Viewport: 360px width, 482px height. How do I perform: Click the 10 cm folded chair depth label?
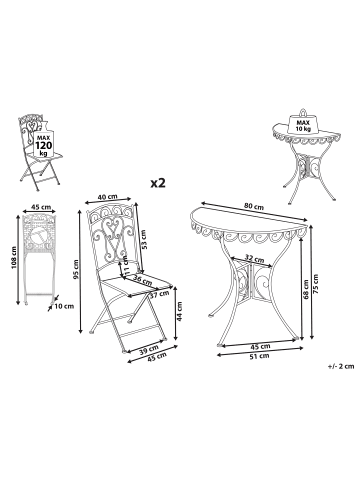click(x=65, y=307)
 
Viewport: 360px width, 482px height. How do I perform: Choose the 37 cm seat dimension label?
click(x=158, y=295)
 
